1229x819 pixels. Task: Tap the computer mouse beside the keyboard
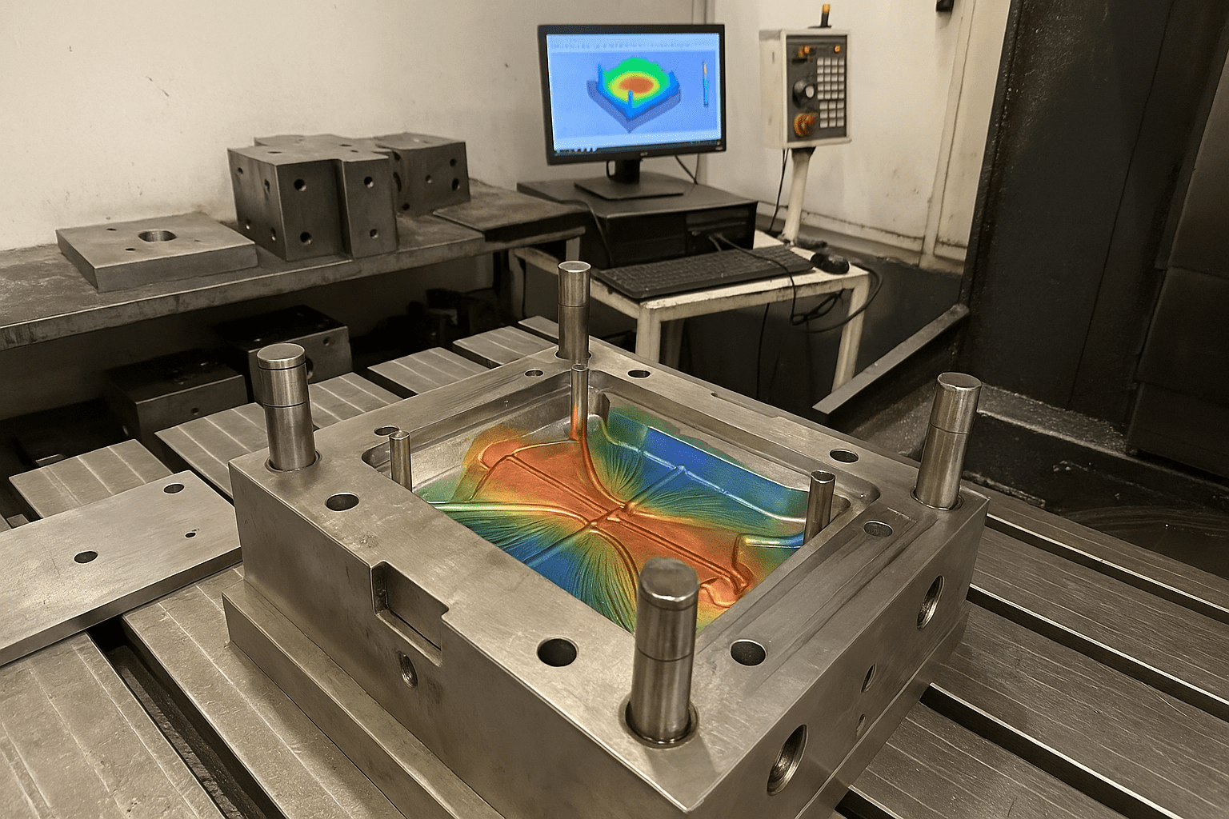pos(831,261)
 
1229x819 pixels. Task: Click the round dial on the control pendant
pos(803,94)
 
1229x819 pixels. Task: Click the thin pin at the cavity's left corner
pos(399,437)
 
